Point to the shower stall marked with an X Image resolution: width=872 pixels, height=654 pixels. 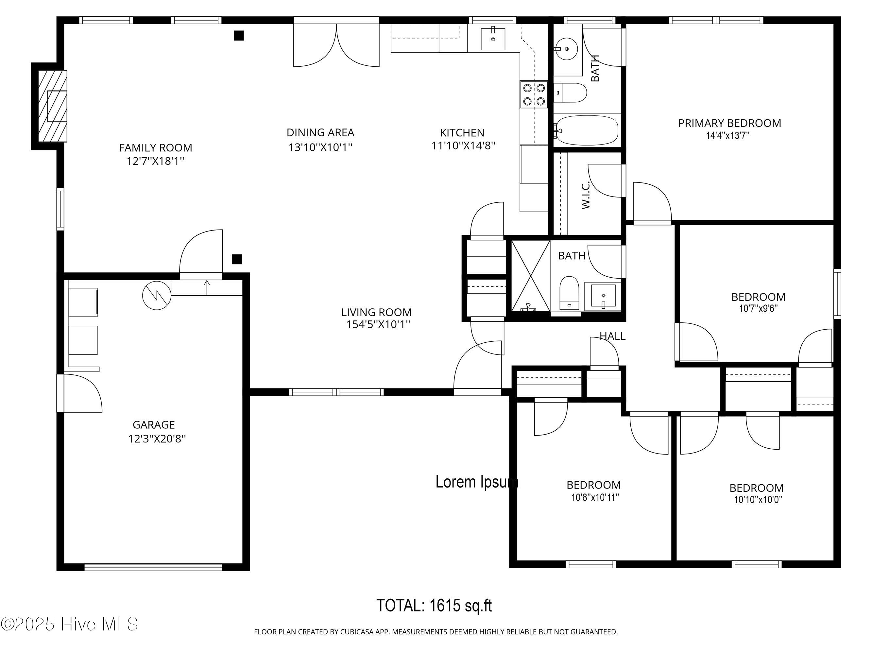pyautogui.click(x=531, y=276)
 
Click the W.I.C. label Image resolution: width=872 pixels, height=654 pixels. pyautogui.click(x=585, y=195)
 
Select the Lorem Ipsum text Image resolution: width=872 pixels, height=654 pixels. pyautogui.click(x=477, y=482)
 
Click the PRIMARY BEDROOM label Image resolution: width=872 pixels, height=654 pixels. pyautogui.click(x=729, y=123)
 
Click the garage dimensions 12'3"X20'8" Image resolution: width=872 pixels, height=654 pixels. pyautogui.click(x=157, y=439)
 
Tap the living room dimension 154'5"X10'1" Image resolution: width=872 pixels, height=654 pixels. pyautogui.click(x=378, y=324)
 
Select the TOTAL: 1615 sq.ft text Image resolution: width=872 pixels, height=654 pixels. pyautogui.click(x=434, y=606)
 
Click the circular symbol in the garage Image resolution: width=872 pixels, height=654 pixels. pyautogui.click(x=157, y=295)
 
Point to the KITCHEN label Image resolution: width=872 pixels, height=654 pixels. pyautogui.click(x=462, y=132)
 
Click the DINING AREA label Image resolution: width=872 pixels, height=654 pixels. pyautogui.click(x=320, y=132)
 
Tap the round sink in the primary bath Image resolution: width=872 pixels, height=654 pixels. pyautogui.click(x=567, y=49)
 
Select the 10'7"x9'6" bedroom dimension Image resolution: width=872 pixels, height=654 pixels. pyautogui.click(x=758, y=309)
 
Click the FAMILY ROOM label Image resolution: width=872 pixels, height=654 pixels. pyautogui.click(x=156, y=148)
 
